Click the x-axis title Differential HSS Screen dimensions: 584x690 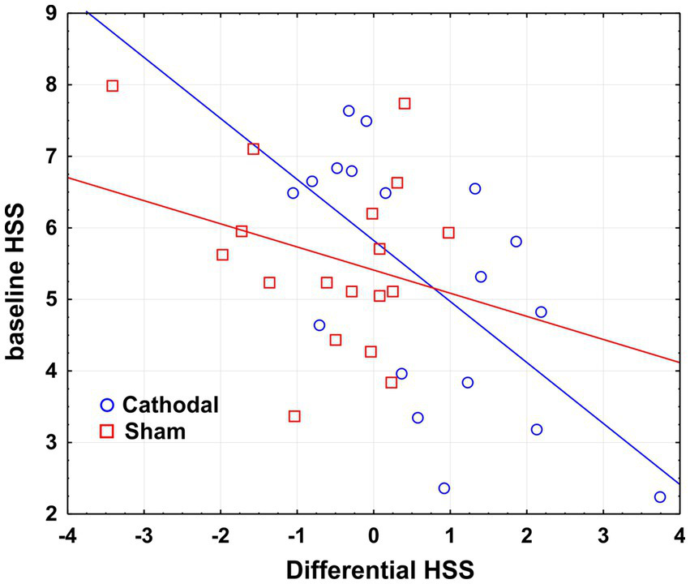(373, 568)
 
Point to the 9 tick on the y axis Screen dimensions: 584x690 (50, 13)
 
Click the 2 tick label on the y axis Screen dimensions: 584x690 (50, 514)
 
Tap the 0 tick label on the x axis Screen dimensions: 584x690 (374, 536)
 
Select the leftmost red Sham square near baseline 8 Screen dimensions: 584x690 (113, 86)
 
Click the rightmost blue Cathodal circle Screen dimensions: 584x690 (660, 496)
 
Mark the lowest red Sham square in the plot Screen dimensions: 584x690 (294, 416)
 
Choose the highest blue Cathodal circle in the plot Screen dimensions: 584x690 (349, 110)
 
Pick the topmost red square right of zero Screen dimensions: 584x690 (405, 103)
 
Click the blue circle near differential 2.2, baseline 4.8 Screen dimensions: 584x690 (541, 311)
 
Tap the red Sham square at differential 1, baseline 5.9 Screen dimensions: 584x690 (448, 233)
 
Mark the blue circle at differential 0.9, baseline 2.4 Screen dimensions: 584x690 (444, 488)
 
